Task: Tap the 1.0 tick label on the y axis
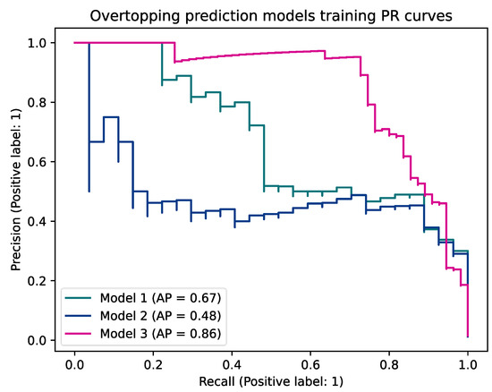pyautogui.click(x=41, y=43)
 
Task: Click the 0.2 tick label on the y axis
pyautogui.click(x=41, y=281)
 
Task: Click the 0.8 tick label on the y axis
pyautogui.click(x=41, y=103)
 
